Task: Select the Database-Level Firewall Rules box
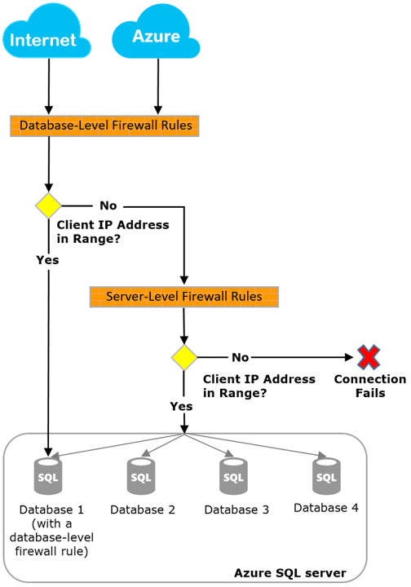pyautogui.click(x=106, y=126)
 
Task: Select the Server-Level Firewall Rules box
pyautogui.click(x=183, y=296)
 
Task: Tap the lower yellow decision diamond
pyautogui.click(x=184, y=357)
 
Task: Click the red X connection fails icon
pyautogui.click(x=369, y=357)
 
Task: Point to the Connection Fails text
pyautogui.click(x=369, y=386)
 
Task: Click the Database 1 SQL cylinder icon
pyautogui.click(x=48, y=476)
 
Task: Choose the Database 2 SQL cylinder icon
pyautogui.click(x=141, y=476)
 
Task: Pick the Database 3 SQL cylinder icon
pyautogui.click(x=233, y=476)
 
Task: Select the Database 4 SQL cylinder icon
pyautogui.click(x=326, y=476)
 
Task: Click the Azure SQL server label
pyautogui.click(x=289, y=574)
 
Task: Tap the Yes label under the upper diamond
pyautogui.click(x=47, y=259)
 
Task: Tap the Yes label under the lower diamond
pyautogui.click(x=180, y=405)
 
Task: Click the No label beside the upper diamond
pyautogui.click(x=108, y=205)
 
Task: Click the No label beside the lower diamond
pyautogui.click(x=240, y=357)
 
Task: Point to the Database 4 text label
pyautogui.click(x=325, y=508)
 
